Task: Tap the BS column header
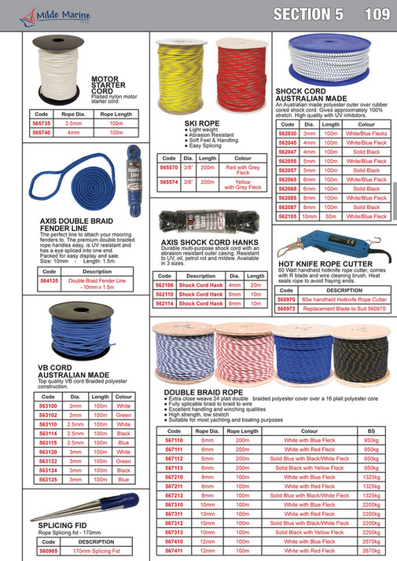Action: tap(367, 431)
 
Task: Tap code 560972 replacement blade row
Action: tap(287, 308)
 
